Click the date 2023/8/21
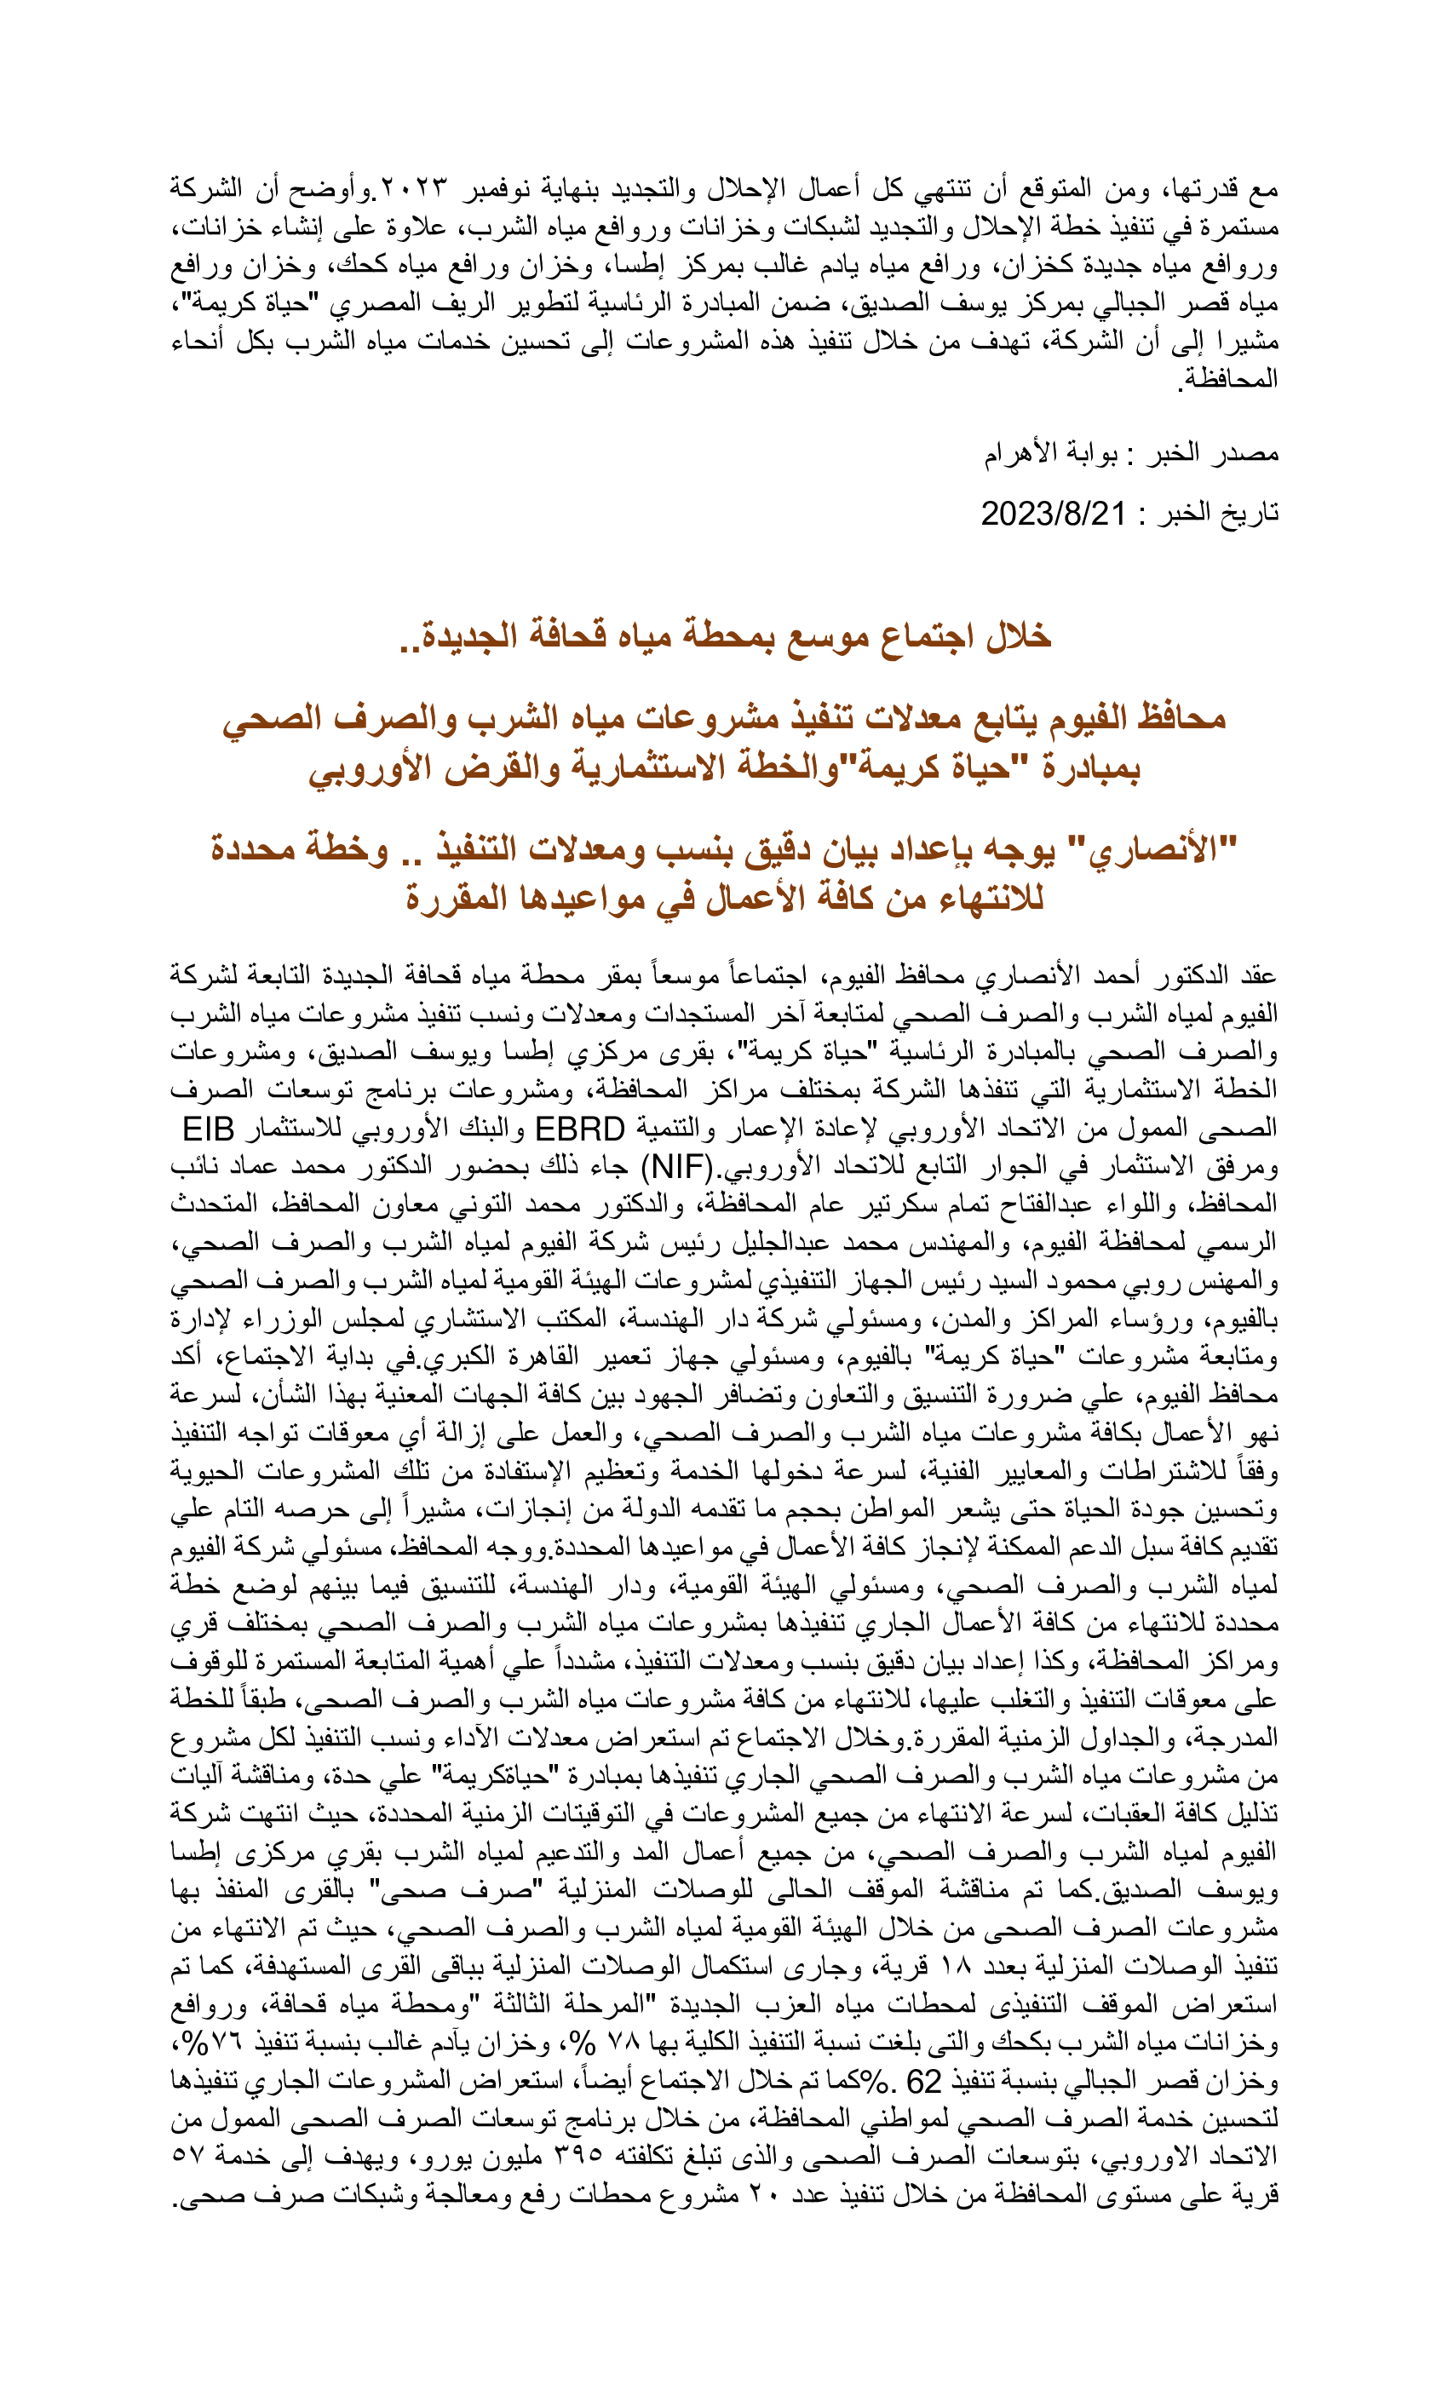point(1053,513)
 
